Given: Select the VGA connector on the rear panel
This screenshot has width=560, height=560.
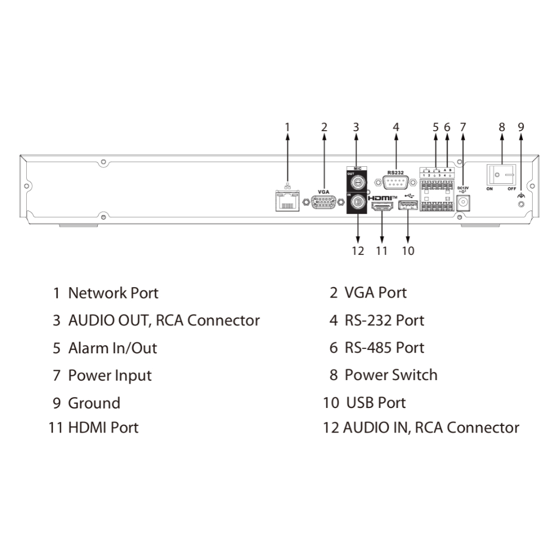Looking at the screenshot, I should tap(324, 202).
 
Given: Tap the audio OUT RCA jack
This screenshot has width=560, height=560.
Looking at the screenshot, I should tap(357, 181).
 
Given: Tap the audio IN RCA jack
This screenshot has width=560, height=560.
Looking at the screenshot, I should tap(357, 202).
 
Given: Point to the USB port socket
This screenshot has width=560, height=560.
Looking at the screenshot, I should tap(408, 206).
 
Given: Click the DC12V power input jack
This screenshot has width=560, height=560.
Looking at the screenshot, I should tap(464, 202).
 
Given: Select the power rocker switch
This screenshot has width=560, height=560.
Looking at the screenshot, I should tap(501, 175).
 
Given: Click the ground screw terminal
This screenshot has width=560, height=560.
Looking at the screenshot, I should tap(521, 203).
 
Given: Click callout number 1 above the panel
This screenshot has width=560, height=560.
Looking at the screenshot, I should tap(288, 127).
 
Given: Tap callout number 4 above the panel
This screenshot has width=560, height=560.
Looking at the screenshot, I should tap(396, 127).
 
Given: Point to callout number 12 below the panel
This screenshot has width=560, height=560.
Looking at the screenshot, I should tap(358, 251).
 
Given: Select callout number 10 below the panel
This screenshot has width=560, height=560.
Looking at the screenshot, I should tap(408, 251).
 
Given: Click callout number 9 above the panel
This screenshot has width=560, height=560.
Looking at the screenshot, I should tap(521, 127).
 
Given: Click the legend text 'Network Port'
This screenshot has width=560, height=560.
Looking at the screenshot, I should tap(113, 293).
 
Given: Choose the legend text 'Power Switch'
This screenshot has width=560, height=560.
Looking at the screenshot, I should tap(390, 375).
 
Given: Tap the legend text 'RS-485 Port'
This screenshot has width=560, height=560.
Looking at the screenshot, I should tap(384, 348).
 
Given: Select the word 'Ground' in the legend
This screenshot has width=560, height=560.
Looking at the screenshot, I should tap(94, 403).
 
